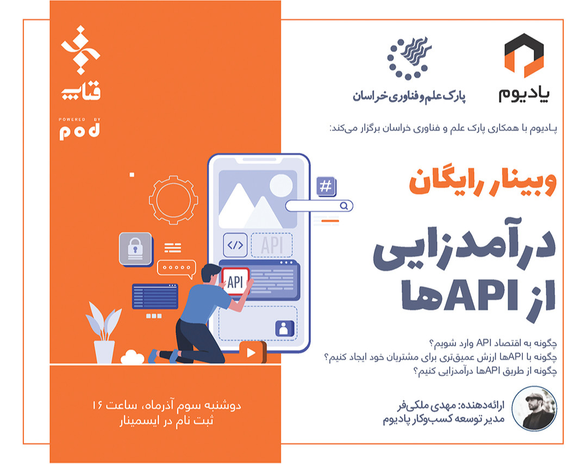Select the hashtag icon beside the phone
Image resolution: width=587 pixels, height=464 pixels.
[326, 187]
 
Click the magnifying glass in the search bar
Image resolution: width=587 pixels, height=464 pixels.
[344, 206]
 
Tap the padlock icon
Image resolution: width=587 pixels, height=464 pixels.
[135, 249]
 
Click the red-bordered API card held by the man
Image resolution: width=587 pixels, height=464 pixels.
[235, 281]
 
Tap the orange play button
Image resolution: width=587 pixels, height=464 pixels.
[251, 352]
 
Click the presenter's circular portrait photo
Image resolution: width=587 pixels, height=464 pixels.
[537, 407]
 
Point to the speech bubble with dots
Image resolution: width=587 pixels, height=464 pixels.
[176, 268]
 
